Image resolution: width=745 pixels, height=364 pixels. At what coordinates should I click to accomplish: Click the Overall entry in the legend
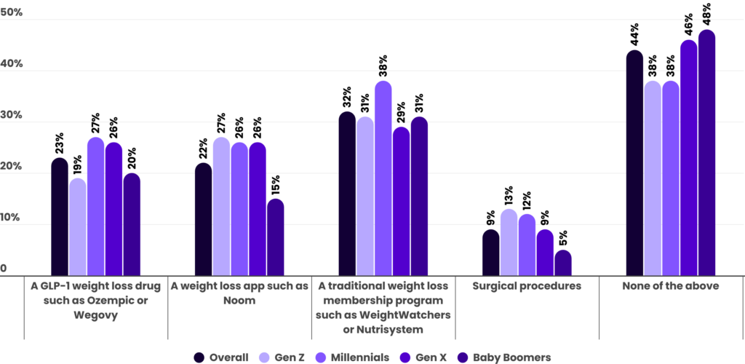(x=228, y=357)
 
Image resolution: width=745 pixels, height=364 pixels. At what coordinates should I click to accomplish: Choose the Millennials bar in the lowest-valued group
(x=527, y=245)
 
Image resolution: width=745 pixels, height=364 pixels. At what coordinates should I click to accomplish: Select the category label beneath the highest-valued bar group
(x=670, y=287)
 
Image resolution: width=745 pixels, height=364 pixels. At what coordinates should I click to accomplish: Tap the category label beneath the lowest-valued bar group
(x=527, y=287)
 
